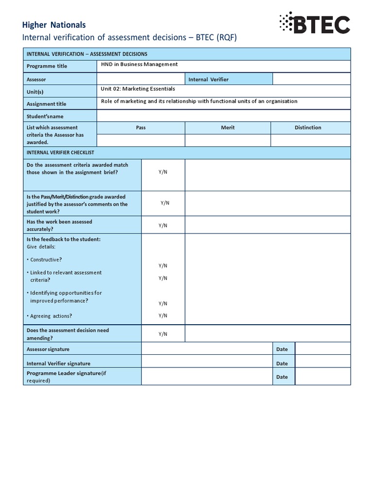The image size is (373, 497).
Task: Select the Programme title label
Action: [x=47, y=66]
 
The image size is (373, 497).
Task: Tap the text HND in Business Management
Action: [x=139, y=64]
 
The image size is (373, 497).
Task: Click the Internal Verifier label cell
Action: [x=208, y=79]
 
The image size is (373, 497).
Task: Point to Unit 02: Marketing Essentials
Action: [x=138, y=89]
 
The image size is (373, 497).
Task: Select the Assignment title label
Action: [x=47, y=104]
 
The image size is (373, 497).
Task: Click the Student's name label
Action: [x=45, y=116]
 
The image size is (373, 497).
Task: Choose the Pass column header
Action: [x=141, y=128]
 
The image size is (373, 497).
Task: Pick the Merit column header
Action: [x=228, y=128]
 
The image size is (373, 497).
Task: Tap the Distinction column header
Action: [x=308, y=128]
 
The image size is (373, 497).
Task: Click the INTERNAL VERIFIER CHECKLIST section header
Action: [x=60, y=152]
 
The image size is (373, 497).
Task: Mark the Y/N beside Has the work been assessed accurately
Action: [x=163, y=225]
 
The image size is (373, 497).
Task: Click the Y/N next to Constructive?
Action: [x=163, y=265]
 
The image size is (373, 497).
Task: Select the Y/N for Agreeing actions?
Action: [x=163, y=315]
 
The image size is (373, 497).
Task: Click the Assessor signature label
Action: [x=48, y=349]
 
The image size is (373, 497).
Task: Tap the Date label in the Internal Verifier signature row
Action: [x=282, y=363]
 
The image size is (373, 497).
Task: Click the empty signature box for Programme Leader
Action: [x=207, y=377]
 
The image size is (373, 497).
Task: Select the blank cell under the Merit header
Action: [x=228, y=140]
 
